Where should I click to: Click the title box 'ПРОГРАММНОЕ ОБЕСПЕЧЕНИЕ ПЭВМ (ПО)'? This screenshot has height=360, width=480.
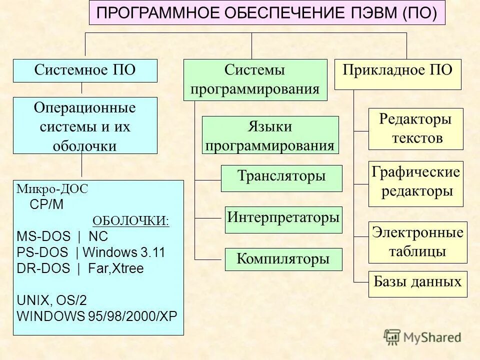tap(266, 13)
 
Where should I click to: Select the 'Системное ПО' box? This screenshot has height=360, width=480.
tap(85, 70)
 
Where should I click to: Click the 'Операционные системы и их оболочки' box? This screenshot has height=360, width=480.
tap(85, 125)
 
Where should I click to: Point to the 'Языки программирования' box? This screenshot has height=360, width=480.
tap(270, 135)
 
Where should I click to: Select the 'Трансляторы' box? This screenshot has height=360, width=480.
tap(281, 178)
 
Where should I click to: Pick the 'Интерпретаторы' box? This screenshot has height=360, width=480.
tap(283, 219)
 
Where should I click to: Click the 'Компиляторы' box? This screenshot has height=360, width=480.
tap(283, 259)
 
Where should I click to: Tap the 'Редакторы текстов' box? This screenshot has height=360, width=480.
tap(415, 128)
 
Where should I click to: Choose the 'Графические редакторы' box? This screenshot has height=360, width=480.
tap(415, 183)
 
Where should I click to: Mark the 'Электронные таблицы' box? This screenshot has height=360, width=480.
tap(417, 242)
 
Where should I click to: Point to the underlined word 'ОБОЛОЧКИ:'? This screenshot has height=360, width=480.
tap(131, 221)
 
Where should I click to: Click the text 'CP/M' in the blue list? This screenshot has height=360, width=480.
tap(47, 205)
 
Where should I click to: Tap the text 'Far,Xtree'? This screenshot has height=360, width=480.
tap(115, 269)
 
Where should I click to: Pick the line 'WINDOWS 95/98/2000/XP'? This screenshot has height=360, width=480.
tap(97, 316)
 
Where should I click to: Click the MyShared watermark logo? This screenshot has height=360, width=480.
tap(422, 337)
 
